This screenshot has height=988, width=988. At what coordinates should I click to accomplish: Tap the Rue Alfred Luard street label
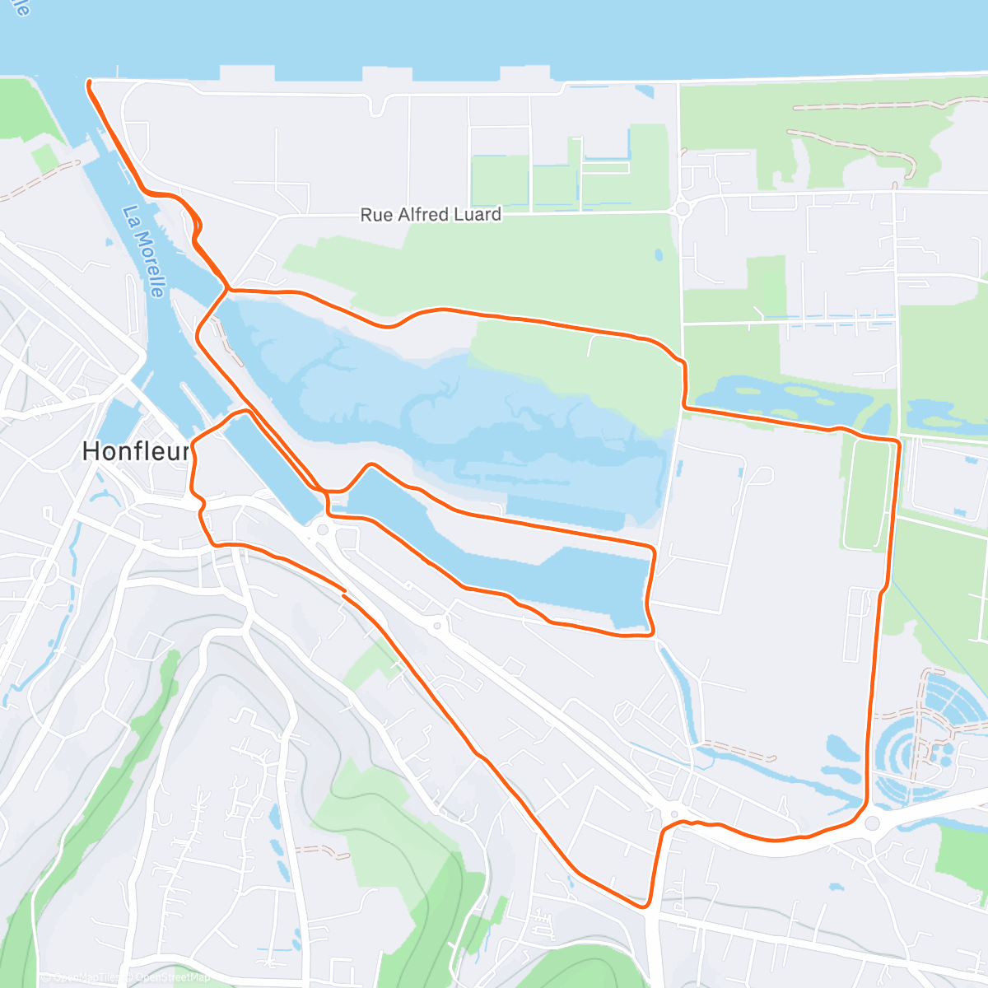pos(431,215)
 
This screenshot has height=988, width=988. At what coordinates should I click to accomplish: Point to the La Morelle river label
pos(144,251)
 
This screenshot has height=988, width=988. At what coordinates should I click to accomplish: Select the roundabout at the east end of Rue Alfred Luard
pos(682,210)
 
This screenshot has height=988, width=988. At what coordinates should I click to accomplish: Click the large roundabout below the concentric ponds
pos(873,823)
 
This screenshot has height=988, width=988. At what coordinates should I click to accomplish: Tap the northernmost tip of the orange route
pos(88,82)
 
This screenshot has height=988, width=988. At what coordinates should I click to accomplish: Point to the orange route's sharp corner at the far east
pos(897,443)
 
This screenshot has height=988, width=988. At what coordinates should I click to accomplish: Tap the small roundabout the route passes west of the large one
pos(674,814)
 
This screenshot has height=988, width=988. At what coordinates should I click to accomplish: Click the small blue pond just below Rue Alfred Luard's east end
pos(659,255)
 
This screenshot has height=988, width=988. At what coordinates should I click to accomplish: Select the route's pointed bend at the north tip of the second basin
pos(372,465)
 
